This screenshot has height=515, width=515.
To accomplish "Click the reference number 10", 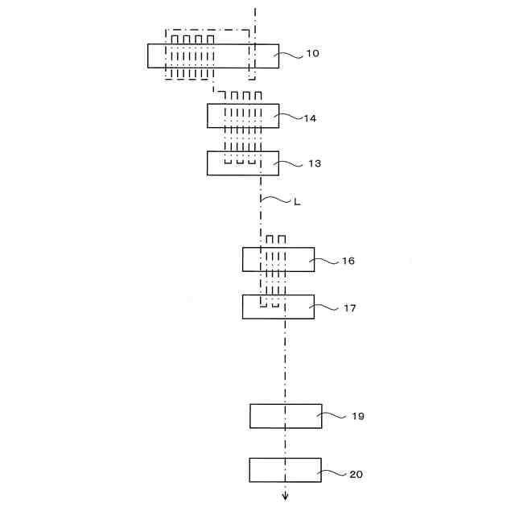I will pyautogui.click(x=312, y=54).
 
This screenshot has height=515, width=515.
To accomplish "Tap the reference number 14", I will pyautogui.click(x=310, y=118).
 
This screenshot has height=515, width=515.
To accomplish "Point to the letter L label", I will pyautogui.click(x=297, y=202).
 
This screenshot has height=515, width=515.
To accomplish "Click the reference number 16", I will pyautogui.click(x=348, y=262).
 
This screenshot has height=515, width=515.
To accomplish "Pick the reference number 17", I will pyautogui.click(x=348, y=308).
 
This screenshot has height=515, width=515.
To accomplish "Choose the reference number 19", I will pyautogui.click(x=358, y=416).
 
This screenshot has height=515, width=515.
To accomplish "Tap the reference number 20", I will pyautogui.click(x=356, y=474).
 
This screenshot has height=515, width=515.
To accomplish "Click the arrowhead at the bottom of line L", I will pyautogui.click(x=285, y=494).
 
